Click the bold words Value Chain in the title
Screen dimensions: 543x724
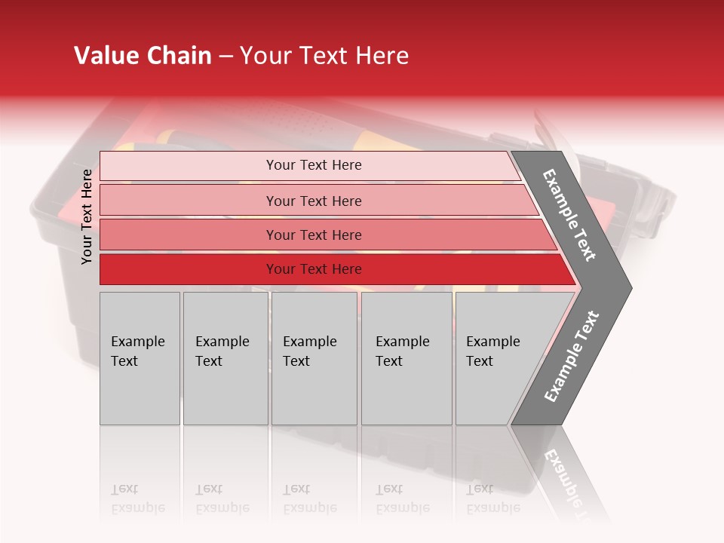[143, 56]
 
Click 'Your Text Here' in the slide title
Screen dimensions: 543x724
[324, 56]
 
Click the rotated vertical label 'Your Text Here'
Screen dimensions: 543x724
[87, 217]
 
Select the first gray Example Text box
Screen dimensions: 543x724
[140, 358]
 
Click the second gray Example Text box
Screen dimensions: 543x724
[225, 358]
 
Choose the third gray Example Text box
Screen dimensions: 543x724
[314, 358]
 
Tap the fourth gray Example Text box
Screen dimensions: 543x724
[406, 358]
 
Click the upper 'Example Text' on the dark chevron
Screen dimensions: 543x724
[569, 215]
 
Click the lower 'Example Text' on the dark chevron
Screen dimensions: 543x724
[572, 356]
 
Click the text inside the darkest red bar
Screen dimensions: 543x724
[314, 269]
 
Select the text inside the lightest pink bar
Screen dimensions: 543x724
[314, 165]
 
